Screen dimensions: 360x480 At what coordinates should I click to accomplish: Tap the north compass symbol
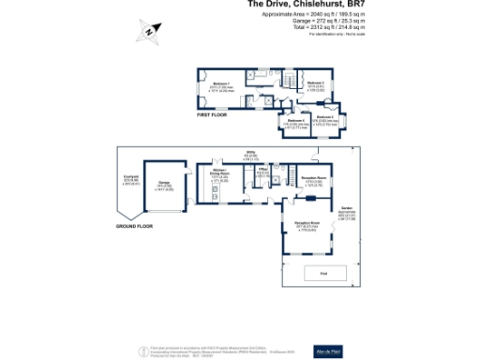coord(149,33)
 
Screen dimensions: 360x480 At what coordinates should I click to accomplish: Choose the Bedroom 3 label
coord(326,117)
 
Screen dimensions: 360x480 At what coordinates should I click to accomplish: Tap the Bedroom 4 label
coord(296,122)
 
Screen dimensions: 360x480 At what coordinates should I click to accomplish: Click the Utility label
coord(252,152)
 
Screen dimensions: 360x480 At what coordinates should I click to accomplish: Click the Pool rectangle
coord(324,274)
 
